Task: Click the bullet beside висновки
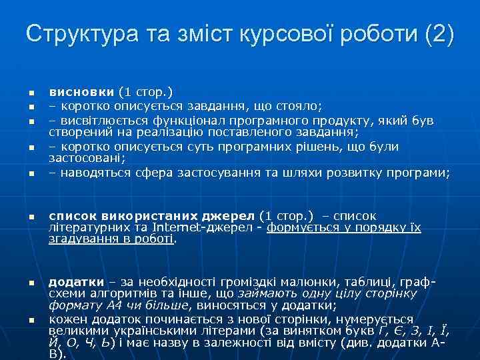[31, 93]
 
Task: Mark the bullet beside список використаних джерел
[31, 217]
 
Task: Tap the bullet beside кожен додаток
[31, 321]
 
